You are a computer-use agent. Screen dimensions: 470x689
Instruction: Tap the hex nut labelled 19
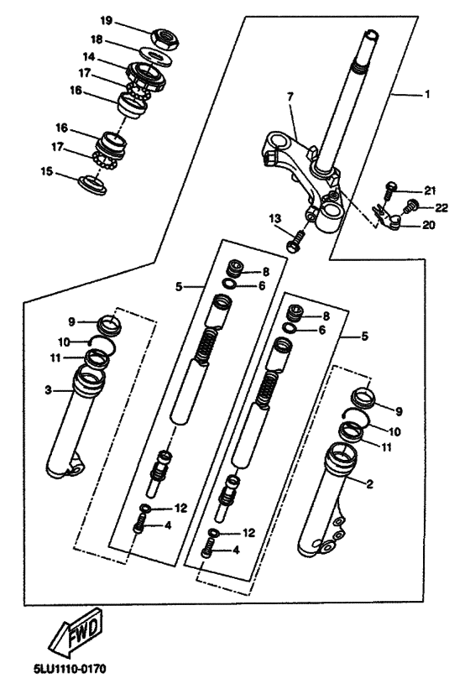164,38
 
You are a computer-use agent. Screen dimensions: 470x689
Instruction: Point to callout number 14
89,57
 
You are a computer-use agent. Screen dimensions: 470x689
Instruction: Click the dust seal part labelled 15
92,184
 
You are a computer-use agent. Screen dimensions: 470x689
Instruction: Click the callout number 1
427,95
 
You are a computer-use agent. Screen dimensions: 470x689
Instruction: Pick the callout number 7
290,97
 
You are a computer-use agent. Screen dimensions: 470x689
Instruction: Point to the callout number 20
429,225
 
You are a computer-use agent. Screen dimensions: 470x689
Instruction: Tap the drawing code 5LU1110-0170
70,669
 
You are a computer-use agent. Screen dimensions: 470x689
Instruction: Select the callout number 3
49,389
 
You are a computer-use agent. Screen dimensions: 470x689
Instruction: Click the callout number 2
370,484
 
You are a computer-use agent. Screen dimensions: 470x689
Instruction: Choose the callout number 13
275,218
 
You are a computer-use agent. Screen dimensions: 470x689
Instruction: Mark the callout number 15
46,171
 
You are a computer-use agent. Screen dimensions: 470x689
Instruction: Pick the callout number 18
97,40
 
